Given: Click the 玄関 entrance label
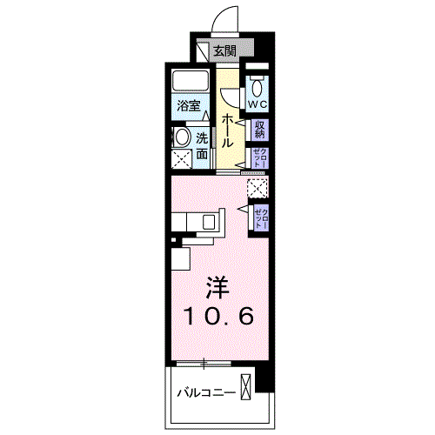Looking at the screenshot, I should point(224,51).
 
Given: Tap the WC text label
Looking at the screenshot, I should point(258,104).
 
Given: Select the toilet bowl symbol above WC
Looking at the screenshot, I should point(258,87).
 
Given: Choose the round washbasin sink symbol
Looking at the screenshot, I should point(181,137).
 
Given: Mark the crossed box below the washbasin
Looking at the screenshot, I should point(181,159).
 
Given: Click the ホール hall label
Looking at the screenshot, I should point(225,130).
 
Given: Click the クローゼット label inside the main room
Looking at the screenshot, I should point(260,217).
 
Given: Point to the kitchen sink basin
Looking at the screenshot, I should point(211,222).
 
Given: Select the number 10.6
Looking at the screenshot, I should point(218,318).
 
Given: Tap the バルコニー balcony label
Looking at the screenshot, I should point(205,392).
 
